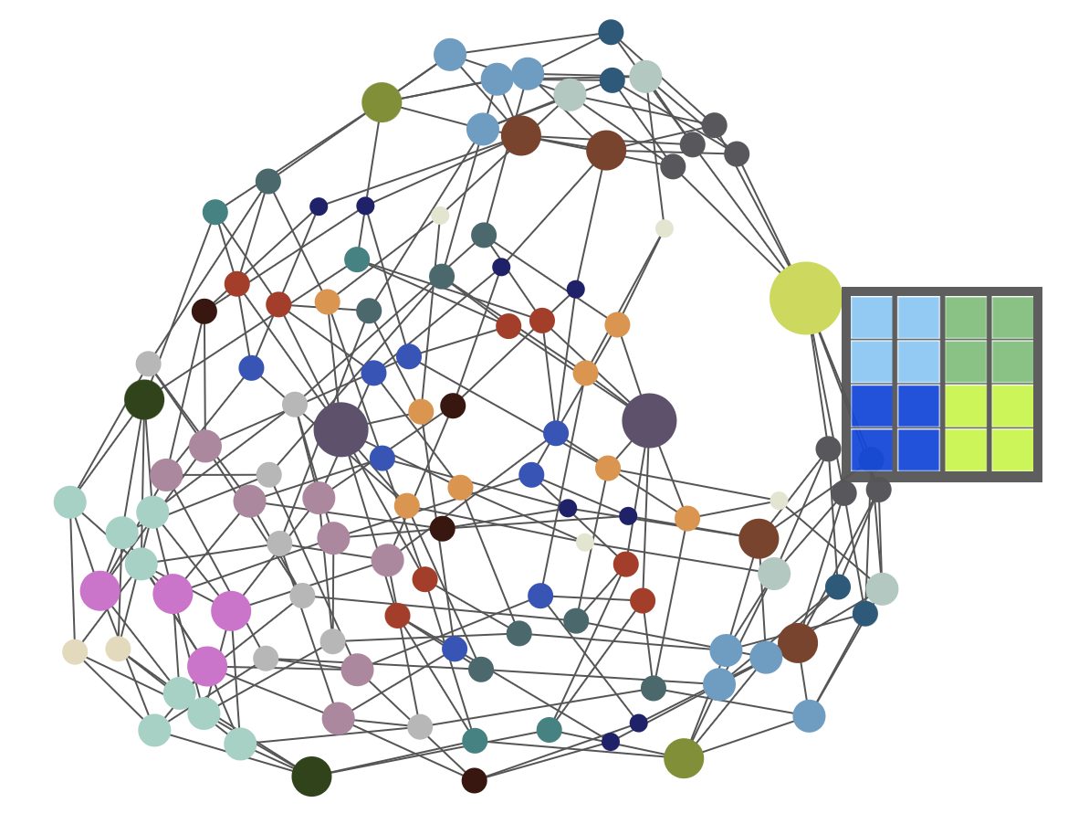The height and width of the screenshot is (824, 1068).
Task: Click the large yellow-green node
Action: pyautogui.click(x=805, y=298)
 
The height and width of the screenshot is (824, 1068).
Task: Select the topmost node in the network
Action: pyautogui.click(x=611, y=32)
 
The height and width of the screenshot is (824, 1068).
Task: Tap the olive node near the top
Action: pyautogui.click(x=382, y=102)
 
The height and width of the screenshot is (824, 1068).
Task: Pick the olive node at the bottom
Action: pyautogui.click(x=684, y=758)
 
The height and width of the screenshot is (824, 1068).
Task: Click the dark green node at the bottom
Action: pyautogui.click(x=311, y=776)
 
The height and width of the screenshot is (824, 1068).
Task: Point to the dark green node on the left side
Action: pyautogui.click(x=144, y=399)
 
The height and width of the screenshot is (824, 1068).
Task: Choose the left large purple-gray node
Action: pyautogui.click(x=340, y=429)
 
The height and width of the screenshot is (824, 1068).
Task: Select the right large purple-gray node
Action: pyautogui.click(x=649, y=420)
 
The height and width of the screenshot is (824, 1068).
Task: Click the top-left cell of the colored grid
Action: pyautogui.click(x=872, y=317)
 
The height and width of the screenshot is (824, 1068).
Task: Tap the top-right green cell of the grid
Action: pyautogui.click(x=1012, y=317)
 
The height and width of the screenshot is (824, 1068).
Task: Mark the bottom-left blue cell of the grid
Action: pyautogui.click(x=872, y=449)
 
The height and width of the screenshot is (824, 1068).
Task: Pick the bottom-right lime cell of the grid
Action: pyautogui.click(x=1012, y=449)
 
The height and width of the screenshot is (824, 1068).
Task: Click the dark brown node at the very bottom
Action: pyautogui.click(x=474, y=780)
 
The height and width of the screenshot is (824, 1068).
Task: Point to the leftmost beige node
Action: pyautogui.click(x=75, y=651)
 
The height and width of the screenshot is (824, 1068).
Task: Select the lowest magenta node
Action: pyautogui.click(x=207, y=666)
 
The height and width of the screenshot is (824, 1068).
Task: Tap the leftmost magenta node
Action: pyautogui.click(x=99, y=590)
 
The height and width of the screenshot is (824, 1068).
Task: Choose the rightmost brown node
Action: pyautogui.click(x=798, y=643)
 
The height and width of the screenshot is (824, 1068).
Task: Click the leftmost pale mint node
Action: pyautogui.click(x=70, y=502)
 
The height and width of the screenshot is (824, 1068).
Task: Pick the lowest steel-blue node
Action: pyautogui.click(x=809, y=716)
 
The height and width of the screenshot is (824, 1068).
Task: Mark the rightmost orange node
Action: pyautogui.click(x=687, y=518)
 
